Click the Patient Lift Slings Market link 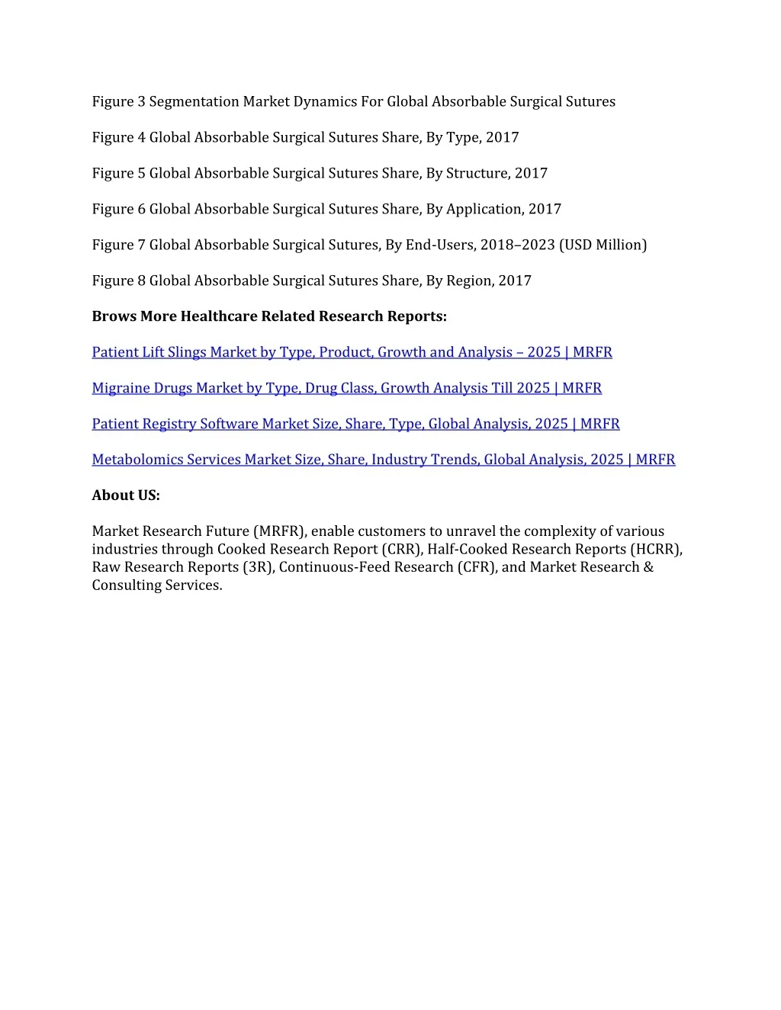point(352,352)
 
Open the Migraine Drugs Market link point(346,388)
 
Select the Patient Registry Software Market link point(355,424)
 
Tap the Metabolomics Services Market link point(383,460)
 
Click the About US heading point(126,495)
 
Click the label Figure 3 point(118,101)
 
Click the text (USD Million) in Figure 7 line point(603,245)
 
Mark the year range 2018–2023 point(517,245)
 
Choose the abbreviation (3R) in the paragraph point(258,567)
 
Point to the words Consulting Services point(157,585)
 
